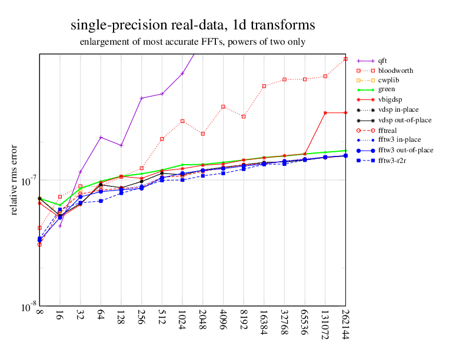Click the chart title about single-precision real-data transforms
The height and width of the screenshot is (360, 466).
pos(192,26)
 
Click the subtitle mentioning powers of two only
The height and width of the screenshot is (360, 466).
pos(192,42)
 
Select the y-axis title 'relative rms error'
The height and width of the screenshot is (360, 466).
pos(15,179)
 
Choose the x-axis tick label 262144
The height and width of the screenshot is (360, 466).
pos(345,328)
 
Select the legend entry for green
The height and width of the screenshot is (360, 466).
pos(387,90)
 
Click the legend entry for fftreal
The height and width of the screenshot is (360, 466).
pos(391,130)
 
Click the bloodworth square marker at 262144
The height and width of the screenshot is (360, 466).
pos(345,59)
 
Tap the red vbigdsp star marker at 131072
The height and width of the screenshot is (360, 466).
pos(325,112)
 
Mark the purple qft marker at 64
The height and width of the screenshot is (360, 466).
pos(101,137)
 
